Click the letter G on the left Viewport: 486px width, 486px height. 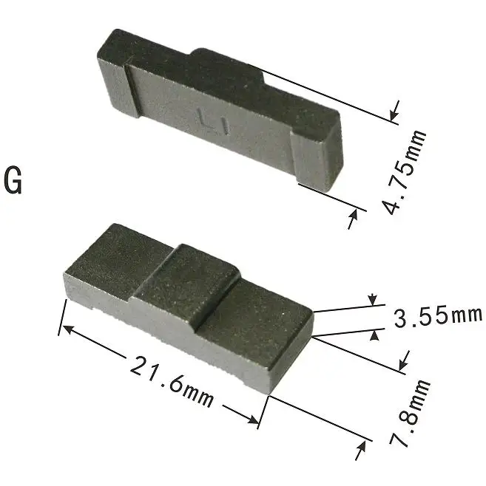(13, 181)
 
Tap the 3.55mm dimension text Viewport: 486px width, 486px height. (437, 317)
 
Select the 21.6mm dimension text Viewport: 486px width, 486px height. (172, 380)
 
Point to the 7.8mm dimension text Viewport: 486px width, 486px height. (410, 414)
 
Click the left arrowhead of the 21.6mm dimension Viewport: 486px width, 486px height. (66, 328)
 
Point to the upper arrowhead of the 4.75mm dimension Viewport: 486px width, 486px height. (394, 113)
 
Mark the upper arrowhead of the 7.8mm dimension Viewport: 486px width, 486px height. (404, 361)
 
